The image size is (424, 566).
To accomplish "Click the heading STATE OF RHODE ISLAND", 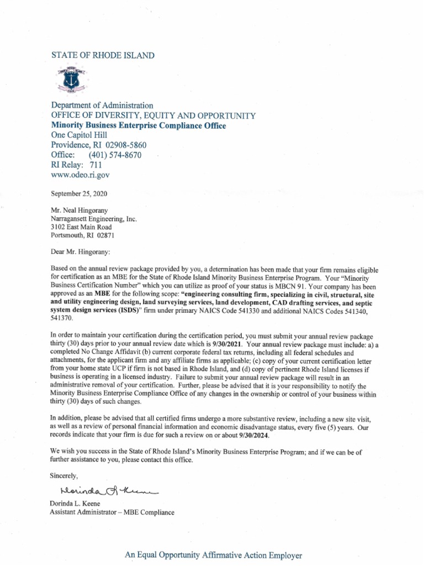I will pyautogui.click(x=103, y=55).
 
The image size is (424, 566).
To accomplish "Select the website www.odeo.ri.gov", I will pyautogui.click(x=81, y=175).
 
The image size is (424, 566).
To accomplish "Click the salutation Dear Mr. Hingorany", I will pyautogui.click(x=80, y=252).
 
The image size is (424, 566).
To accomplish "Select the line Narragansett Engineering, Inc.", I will pyautogui.click(x=93, y=219).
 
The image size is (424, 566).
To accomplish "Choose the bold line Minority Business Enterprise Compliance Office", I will pyautogui.click(x=139, y=125).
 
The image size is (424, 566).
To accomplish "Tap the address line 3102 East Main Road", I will pyautogui.click(x=81, y=227).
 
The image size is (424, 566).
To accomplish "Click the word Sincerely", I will pyautogui.click(x=65, y=475).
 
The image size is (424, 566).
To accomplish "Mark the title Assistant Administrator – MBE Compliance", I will pyautogui.click(x=112, y=512).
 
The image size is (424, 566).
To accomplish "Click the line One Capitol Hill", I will pyautogui.click(x=79, y=135).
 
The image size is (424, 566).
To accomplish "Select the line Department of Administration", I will pyautogui.click(x=102, y=105).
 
